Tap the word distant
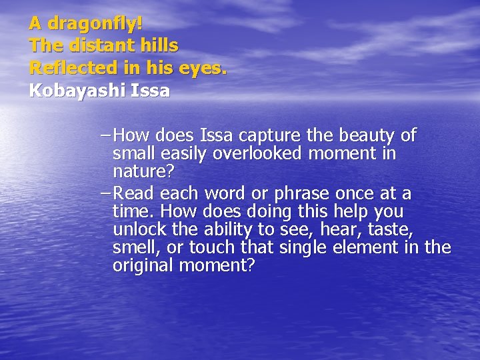click(95, 47)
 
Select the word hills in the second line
click(160, 47)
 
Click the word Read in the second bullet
click(133, 194)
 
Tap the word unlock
click(137, 230)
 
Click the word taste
click(395, 230)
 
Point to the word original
click(141, 266)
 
